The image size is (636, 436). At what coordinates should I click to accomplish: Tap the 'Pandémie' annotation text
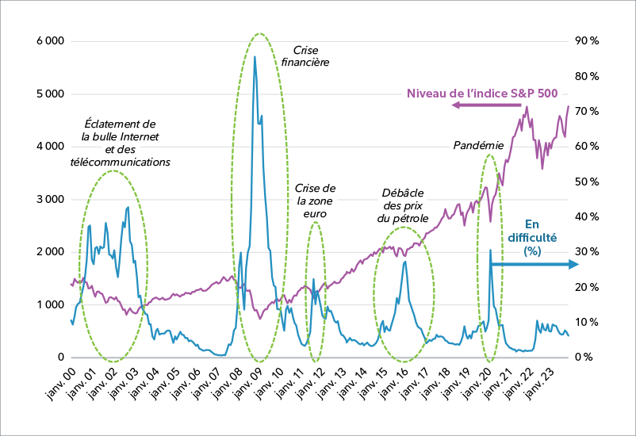click(478, 146)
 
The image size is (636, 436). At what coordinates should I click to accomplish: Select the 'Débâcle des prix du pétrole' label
click(403, 205)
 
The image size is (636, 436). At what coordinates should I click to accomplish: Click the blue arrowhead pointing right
click(574, 265)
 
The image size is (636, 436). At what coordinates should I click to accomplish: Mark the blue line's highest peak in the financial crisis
click(255, 56)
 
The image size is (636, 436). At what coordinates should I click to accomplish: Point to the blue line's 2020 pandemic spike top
click(490, 250)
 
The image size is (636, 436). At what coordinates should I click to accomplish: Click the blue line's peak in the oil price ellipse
click(405, 261)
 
